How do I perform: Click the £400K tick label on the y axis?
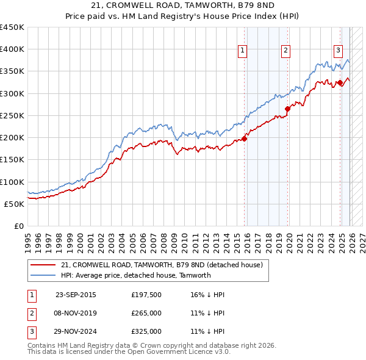12,49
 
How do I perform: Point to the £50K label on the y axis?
14,204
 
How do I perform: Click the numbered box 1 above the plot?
243,51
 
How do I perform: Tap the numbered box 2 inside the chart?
285,51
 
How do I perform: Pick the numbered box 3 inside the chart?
338,51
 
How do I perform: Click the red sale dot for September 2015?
244,139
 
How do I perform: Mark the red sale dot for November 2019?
287,109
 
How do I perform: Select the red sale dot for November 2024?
340,82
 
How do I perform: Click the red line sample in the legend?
43,265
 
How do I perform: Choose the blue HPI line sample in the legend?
43,275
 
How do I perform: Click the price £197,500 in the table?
146,295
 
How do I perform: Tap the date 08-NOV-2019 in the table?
76,313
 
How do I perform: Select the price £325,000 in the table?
146,331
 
